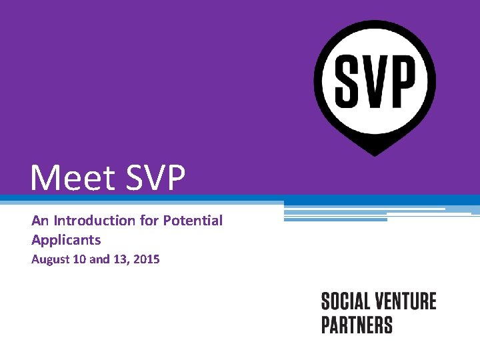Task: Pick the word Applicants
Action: [x=66, y=239]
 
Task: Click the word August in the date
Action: [x=51, y=259]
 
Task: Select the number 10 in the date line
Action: [x=80, y=259]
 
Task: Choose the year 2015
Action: [x=146, y=259]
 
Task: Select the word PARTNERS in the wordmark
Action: [x=357, y=325]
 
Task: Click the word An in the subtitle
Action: [x=39, y=220]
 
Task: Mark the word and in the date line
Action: [x=99, y=259]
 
